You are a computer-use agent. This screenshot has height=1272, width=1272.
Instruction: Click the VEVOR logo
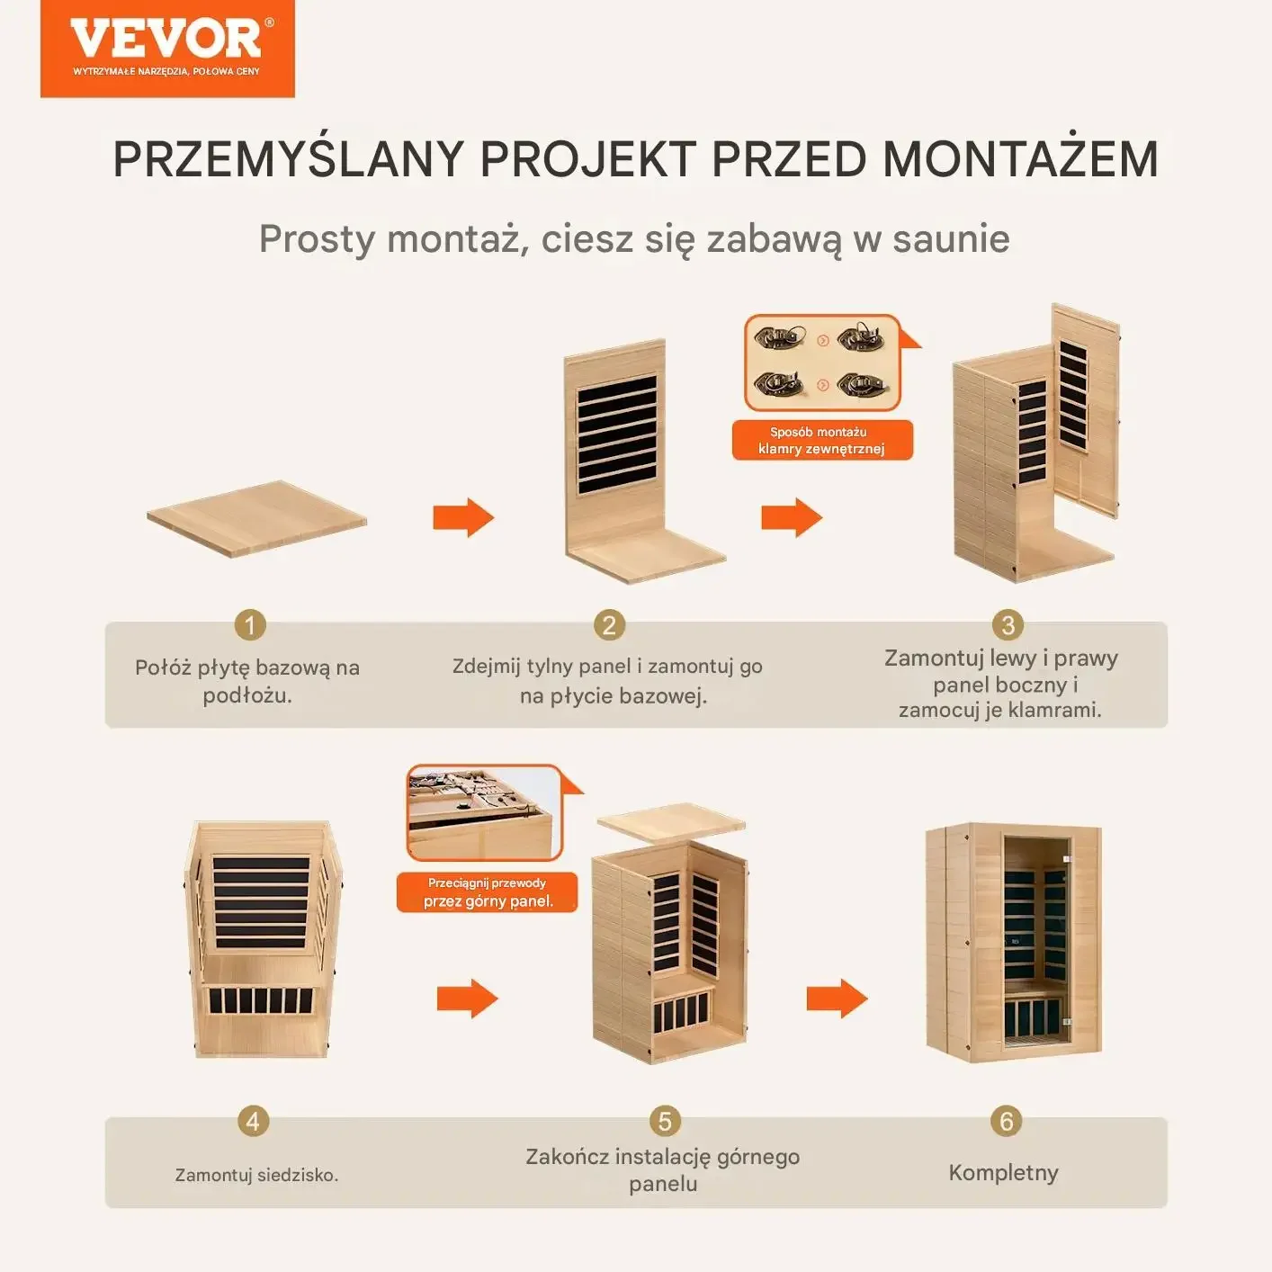point(167,49)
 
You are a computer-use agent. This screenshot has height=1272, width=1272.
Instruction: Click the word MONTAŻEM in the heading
point(1020,158)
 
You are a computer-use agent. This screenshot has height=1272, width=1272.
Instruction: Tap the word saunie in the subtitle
point(951,238)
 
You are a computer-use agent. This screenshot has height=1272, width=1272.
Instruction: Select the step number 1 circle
point(250,624)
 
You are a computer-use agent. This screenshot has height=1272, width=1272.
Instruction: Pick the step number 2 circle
point(609,624)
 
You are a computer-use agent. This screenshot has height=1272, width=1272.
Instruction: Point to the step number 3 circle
point(1008,624)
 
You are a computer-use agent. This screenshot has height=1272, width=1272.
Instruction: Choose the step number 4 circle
point(253,1121)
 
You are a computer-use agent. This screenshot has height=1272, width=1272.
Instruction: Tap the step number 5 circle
point(665,1121)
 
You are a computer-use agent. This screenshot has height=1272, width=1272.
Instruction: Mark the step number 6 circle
point(1006,1121)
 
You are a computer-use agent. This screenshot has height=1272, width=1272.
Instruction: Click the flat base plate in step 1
point(256,518)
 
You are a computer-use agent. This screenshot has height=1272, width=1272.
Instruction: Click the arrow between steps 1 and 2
point(463,517)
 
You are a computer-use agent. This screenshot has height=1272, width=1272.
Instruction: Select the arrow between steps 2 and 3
point(792,517)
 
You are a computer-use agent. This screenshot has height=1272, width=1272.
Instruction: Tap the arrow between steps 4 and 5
point(468,998)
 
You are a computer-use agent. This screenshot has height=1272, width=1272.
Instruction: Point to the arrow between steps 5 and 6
point(837,998)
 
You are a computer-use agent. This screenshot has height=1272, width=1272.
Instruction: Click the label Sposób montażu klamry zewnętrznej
point(822,440)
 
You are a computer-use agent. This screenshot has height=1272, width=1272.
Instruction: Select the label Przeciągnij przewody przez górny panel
point(488,892)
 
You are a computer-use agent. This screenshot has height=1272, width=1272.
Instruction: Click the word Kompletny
point(1003,1172)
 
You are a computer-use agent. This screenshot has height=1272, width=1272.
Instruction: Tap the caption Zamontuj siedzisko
point(256,1175)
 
